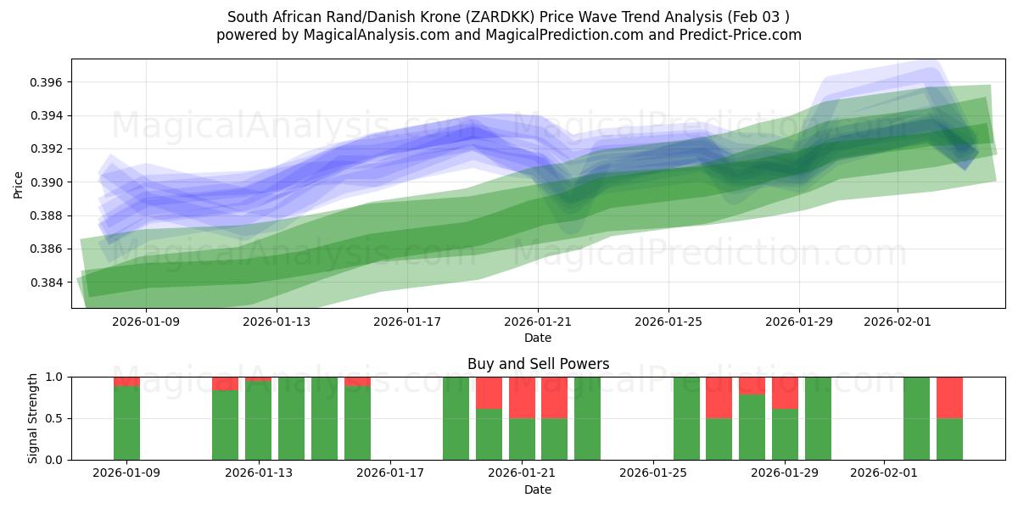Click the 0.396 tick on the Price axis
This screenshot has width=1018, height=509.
[x=48, y=82]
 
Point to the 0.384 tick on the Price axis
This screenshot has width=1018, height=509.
[x=48, y=282]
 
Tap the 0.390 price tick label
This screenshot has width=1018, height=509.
[x=48, y=182]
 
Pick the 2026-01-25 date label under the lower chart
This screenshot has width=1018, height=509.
[x=654, y=473]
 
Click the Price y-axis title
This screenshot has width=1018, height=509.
[x=19, y=184]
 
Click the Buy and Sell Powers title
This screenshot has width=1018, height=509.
[x=538, y=364]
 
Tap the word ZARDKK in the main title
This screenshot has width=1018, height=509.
[x=492, y=17]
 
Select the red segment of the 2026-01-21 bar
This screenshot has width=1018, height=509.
[x=522, y=397]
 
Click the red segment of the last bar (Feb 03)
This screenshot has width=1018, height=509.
[x=949, y=397]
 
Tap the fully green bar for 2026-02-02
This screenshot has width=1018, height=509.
[x=916, y=418]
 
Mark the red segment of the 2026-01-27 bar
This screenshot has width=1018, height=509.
[x=719, y=397]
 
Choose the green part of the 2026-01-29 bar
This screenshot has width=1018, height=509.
[x=785, y=434]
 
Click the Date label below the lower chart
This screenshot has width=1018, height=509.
[x=538, y=489]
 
